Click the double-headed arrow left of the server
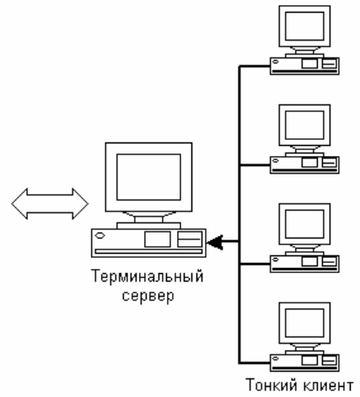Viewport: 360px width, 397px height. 50,204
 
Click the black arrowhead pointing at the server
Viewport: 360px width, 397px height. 216,242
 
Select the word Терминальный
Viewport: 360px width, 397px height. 148,276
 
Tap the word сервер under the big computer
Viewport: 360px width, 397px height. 148,296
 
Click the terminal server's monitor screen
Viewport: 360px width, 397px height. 148,177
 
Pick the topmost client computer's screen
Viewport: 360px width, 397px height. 304,26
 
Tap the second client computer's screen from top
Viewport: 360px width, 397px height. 304,125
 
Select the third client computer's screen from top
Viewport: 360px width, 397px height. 304,224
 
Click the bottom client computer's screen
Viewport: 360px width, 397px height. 304,323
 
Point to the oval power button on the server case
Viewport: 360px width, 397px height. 99,235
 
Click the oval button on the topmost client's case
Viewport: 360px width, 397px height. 276,62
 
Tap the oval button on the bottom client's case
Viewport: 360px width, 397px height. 276,358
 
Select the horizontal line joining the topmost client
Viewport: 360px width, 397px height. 255,66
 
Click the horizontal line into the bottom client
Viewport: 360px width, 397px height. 255,363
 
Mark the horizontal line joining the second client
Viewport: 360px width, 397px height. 255,165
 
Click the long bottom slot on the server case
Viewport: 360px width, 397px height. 148,251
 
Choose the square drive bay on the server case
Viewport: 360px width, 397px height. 158,239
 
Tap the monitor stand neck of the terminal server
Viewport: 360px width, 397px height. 148,219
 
